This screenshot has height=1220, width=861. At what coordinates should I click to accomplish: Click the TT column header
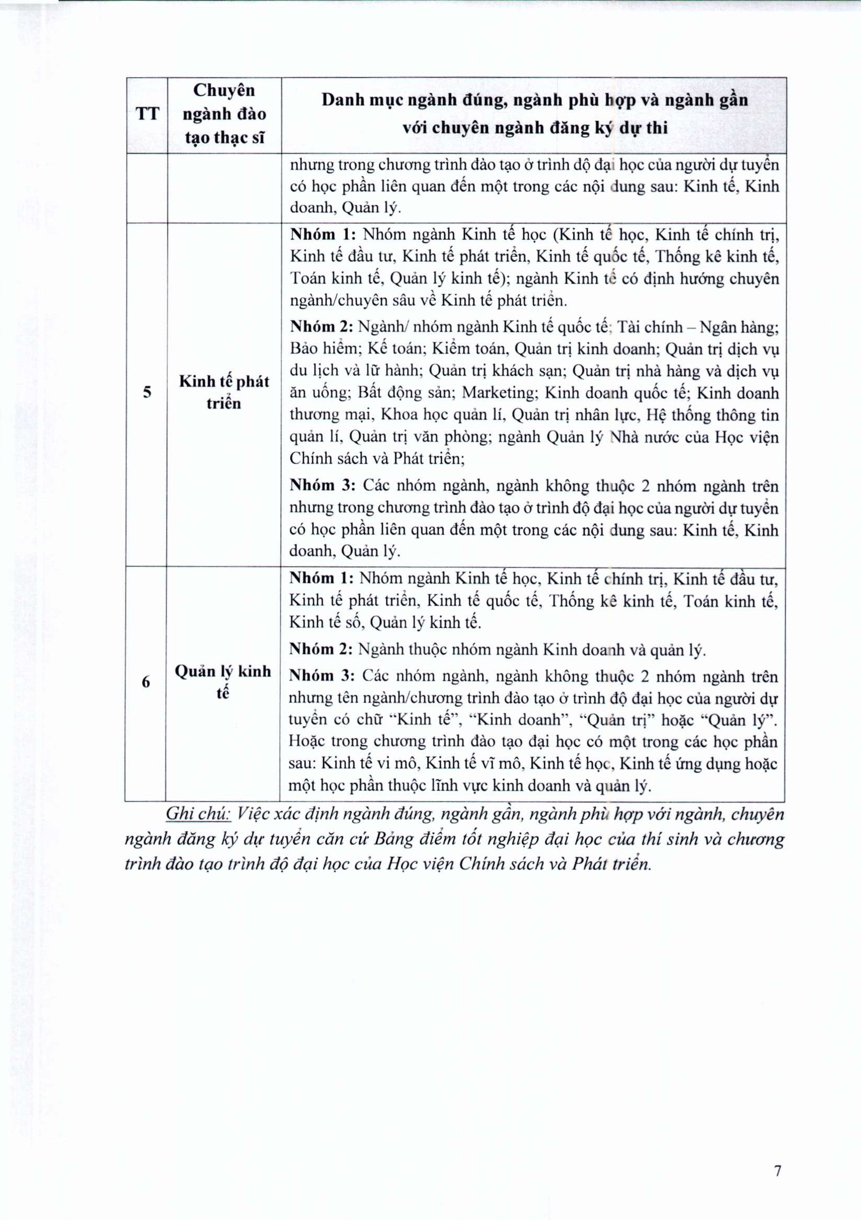coord(147,114)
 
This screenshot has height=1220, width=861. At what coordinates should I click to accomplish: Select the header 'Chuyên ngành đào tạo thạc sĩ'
coord(224,114)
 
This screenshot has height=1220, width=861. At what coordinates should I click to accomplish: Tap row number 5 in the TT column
coord(147,392)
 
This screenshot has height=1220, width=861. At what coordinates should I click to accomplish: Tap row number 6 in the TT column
coord(146,682)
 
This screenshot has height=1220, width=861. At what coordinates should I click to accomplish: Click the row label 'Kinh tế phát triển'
coord(224,392)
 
